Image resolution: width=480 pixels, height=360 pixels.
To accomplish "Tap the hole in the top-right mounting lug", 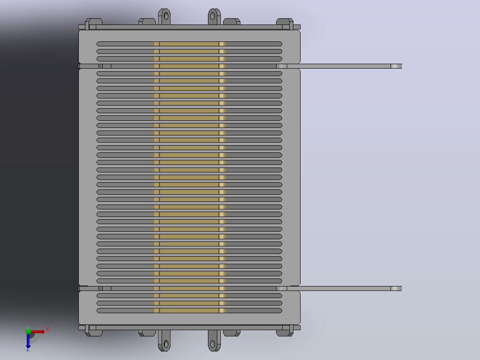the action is pos(213,16).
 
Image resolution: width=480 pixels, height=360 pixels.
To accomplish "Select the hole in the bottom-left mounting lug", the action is pos(166,344).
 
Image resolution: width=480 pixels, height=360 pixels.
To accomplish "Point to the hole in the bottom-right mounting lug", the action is pos(213,344).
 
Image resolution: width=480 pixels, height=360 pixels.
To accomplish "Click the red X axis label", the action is pos(48,330).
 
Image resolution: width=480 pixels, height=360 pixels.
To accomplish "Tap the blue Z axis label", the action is pos(28,349).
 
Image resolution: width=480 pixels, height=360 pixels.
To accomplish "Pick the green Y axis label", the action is pos(28,328).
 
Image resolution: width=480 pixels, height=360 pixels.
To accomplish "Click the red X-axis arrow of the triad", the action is pos(37,331).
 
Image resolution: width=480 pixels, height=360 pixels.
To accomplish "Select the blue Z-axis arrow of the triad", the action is pos(28,340).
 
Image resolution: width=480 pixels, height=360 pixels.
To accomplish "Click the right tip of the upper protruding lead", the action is pos(401,66).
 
